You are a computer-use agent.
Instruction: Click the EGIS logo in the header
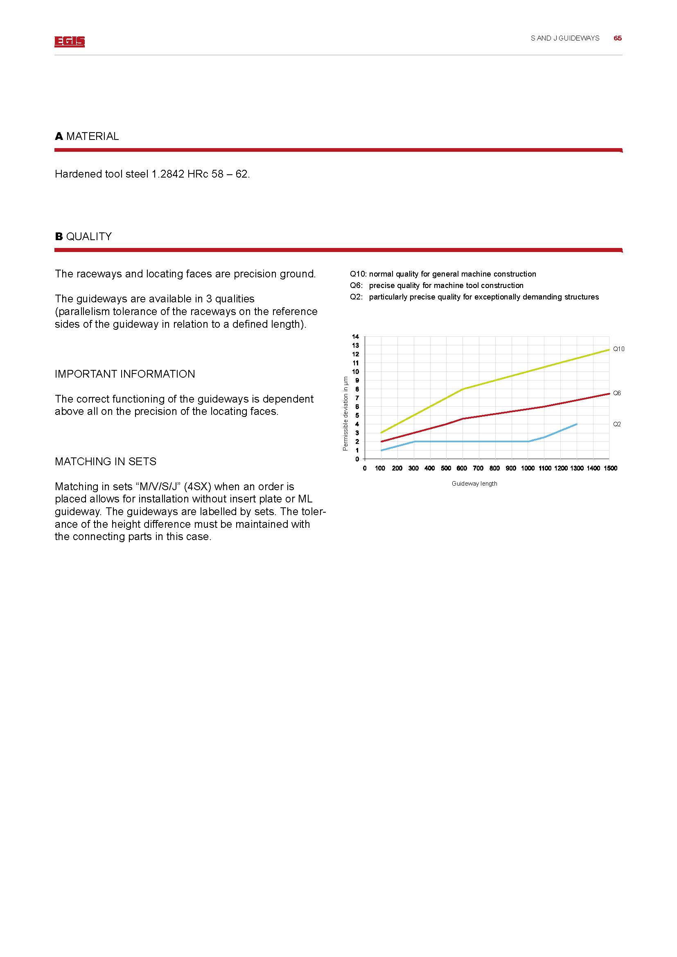[69, 41]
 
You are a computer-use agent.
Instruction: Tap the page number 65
[617, 38]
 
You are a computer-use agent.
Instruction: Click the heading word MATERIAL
[92, 136]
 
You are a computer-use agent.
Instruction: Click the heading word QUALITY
[89, 236]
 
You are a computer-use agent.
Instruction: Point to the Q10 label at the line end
[618, 349]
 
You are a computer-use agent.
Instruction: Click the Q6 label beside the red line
[617, 393]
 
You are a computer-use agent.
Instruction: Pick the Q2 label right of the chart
[617, 424]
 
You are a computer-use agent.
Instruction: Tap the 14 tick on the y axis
[355, 336]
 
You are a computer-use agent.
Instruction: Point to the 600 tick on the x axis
[462, 468]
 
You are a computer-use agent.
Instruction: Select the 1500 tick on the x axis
[610, 468]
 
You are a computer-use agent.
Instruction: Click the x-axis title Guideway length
[474, 484]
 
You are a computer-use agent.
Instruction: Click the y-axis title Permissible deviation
[345, 414]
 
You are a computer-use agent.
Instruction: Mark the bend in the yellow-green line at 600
[463, 389]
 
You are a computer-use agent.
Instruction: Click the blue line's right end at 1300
[577, 424]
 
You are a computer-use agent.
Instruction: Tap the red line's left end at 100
[381, 441]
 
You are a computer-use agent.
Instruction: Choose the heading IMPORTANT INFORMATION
[125, 374]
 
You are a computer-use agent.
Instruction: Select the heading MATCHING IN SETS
[106, 462]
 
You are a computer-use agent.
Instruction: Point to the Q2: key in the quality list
[357, 297]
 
